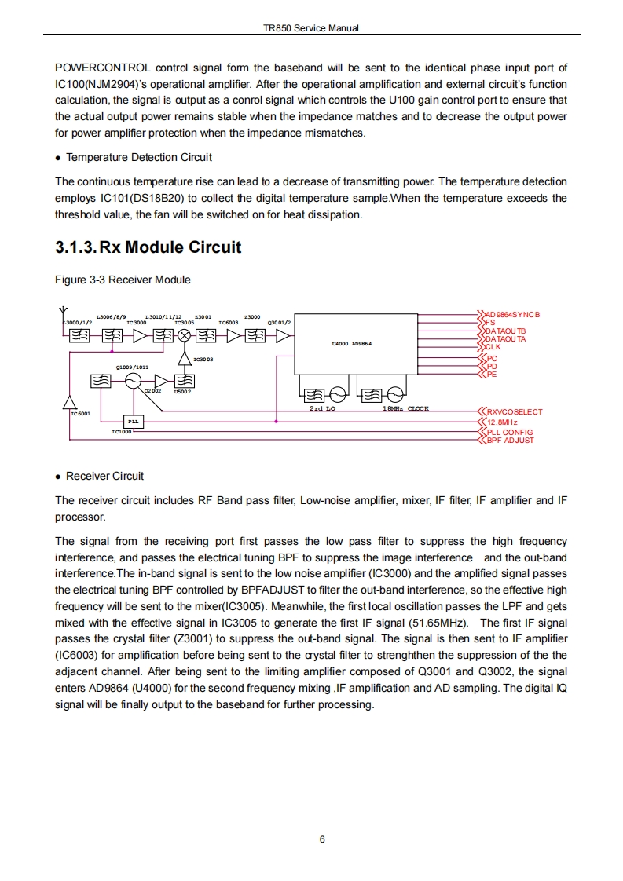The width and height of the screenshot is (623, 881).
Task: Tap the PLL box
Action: pyautogui.click(x=134, y=422)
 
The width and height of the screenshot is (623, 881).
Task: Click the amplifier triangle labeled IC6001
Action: pyautogui.click(x=70, y=401)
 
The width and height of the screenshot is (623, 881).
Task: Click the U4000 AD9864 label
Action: pyautogui.click(x=351, y=343)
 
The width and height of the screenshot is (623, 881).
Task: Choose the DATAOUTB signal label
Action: pyautogui.click(x=505, y=331)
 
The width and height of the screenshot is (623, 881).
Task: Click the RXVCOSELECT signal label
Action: pyautogui.click(x=515, y=411)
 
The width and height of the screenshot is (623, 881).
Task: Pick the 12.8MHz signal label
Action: pyautogui.click(x=503, y=422)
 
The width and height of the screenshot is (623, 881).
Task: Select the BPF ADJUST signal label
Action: pyautogui.click(x=510, y=440)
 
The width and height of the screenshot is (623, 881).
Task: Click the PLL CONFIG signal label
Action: pyautogui.click(x=510, y=432)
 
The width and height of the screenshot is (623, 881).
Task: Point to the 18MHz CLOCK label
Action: pyautogui.click(x=405, y=408)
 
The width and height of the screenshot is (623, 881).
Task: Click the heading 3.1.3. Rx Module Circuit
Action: pyautogui.click(x=148, y=247)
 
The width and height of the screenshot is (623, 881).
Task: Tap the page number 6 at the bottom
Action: pyautogui.click(x=322, y=839)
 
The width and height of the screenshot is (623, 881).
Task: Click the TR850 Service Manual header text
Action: pyautogui.click(x=311, y=28)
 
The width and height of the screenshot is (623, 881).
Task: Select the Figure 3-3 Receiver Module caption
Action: pyautogui.click(x=123, y=280)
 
